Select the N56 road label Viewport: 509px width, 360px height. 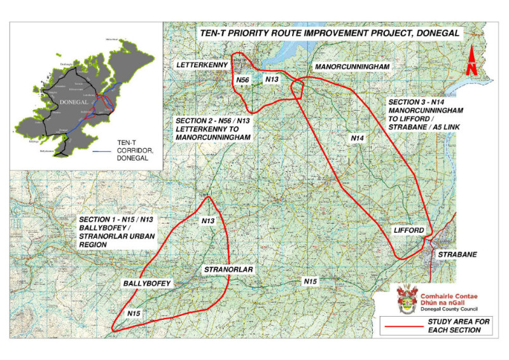pyautogui.click(x=242, y=80)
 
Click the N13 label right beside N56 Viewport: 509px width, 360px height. pyautogui.click(x=272, y=79)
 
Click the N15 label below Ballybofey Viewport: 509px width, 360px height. pyautogui.click(x=134, y=313)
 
